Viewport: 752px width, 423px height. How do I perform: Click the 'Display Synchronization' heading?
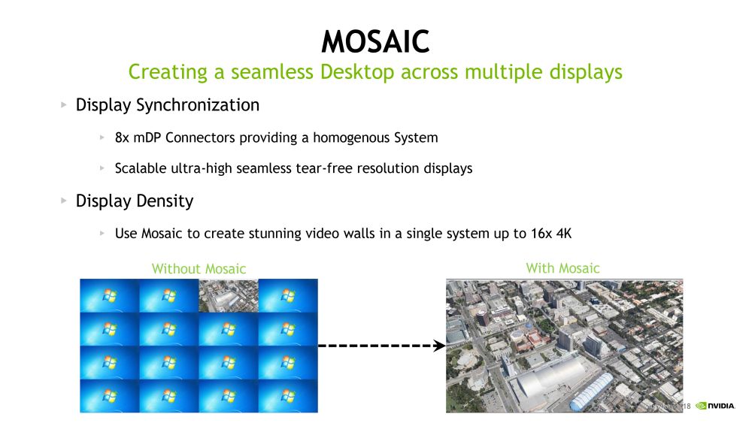[168, 105]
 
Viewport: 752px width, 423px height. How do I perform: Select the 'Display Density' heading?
[135, 201]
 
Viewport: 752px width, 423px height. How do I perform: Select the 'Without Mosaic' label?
[199, 268]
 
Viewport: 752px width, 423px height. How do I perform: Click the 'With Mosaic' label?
[562, 267]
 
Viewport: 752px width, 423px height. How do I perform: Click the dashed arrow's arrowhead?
[440, 346]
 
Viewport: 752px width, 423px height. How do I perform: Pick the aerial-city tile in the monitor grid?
[228, 295]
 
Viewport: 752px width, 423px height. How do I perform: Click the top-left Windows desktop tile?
[109, 295]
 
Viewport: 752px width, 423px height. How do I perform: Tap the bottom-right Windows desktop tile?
[288, 396]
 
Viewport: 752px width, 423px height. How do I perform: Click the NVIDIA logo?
[716, 406]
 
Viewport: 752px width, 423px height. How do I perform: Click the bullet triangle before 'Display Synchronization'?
[64, 105]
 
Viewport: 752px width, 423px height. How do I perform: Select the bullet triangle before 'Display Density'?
[64, 201]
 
